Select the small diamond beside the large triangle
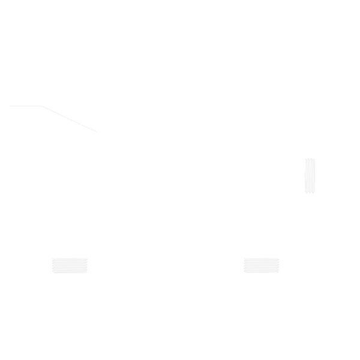[54, 110]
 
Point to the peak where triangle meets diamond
[41, 101]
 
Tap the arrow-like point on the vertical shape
[322, 166]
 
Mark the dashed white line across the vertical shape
[310, 176]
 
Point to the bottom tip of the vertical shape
[307, 200]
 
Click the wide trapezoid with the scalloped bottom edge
[70, 268]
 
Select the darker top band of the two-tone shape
[262, 264]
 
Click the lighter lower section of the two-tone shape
[261, 277]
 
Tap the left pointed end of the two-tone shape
[238, 263]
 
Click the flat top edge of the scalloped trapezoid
[70, 259]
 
